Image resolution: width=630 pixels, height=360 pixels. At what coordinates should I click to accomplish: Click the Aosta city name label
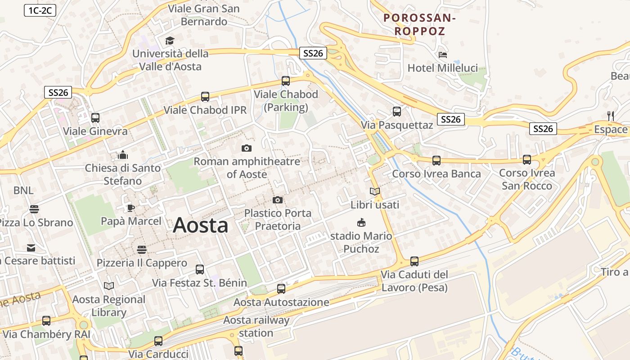(x=200, y=225)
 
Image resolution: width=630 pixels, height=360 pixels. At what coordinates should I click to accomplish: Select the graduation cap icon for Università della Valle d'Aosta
(x=170, y=41)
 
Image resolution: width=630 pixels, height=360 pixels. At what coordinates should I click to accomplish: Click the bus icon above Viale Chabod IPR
(x=205, y=96)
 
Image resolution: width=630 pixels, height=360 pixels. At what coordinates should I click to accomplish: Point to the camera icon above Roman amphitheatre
(x=247, y=148)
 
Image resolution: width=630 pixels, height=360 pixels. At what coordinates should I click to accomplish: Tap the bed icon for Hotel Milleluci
(x=443, y=55)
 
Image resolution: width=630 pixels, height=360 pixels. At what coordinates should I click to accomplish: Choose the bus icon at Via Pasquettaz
(x=396, y=111)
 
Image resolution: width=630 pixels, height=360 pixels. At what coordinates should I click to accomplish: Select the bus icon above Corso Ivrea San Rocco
(x=527, y=159)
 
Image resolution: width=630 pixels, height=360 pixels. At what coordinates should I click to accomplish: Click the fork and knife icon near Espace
(x=611, y=116)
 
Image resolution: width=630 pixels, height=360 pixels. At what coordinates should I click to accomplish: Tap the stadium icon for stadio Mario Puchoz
(x=361, y=222)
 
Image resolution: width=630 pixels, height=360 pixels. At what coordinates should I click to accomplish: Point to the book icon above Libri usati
(x=375, y=191)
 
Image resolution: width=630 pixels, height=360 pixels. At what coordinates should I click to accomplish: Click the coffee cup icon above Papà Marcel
(x=130, y=207)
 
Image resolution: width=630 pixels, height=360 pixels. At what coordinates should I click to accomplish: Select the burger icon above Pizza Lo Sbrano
(x=34, y=209)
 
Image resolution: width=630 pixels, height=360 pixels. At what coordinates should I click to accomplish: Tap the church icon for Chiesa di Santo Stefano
(x=122, y=155)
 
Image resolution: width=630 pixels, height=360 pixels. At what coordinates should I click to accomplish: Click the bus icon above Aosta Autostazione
(x=281, y=288)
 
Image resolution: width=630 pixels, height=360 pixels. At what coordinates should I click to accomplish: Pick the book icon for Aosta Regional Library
(x=109, y=286)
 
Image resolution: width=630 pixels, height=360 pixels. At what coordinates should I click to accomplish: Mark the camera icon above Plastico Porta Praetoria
(x=278, y=200)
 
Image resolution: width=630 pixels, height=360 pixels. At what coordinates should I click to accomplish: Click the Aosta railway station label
(x=256, y=327)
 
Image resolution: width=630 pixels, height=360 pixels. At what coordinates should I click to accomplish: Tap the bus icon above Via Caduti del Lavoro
(x=414, y=261)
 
